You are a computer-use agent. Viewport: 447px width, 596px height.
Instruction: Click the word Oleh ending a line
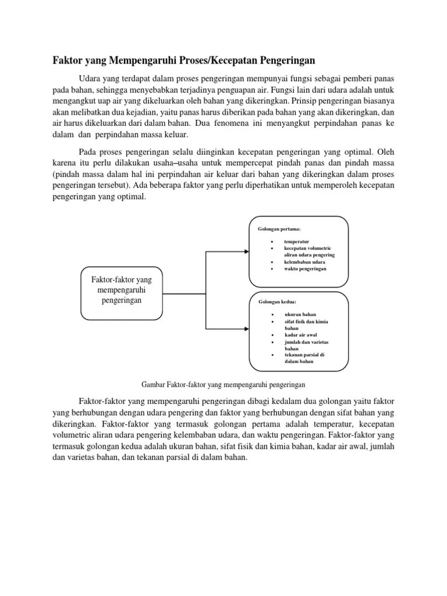click(x=384, y=151)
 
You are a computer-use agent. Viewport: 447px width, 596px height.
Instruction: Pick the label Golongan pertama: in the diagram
click(x=279, y=229)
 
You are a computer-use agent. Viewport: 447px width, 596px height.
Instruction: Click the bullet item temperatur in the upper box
click(x=296, y=241)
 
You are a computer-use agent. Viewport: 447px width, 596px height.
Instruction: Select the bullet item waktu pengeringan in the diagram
click(x=306, y=269)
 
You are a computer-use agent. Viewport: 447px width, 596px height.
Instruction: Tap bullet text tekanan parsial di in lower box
click(x=304, y=354)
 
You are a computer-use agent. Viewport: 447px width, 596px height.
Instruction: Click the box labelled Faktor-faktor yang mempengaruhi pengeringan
click(x=122, y=295)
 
